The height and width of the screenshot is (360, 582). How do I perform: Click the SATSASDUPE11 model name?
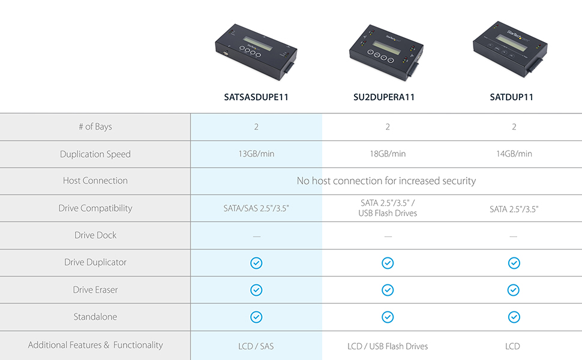(x=256, y=97)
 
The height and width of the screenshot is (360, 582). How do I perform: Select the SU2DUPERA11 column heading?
(x=384, y=97)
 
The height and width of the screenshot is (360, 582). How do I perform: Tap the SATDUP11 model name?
(x=511, y=97)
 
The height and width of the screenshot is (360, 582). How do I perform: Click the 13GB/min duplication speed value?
(x=256, y=154)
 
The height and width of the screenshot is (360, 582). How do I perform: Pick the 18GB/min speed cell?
(x=388, y=154)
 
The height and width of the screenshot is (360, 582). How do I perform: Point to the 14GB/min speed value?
(x=514, y=154)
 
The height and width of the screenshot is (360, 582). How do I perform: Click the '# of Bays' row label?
(x=95, y=127)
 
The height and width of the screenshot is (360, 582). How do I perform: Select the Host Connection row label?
(x=95, y=181)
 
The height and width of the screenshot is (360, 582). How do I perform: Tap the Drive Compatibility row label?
(x=95, y=208)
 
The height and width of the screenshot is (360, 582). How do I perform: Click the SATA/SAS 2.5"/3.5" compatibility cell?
(x=256, y=208)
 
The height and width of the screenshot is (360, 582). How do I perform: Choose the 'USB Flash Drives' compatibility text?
(x=388, y=213)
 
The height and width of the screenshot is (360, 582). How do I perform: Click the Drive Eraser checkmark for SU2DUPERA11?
(x=388, y=290)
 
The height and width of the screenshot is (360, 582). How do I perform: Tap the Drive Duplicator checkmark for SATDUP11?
(x=514, y=263)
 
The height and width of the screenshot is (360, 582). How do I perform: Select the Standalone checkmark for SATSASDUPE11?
(x=256, y=317)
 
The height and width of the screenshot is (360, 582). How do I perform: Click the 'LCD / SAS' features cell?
(x=256, y=346)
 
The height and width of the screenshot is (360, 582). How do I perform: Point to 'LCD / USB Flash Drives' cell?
(x=388, y=346)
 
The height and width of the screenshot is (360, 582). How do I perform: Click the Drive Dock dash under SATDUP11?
(x=514, y=236)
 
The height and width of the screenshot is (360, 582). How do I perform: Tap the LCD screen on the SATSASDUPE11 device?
(x=258, y=43)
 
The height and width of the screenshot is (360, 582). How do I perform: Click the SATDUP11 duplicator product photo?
(x=511, y=49)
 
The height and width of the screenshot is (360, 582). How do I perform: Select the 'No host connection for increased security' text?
(x=386, y=181)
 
